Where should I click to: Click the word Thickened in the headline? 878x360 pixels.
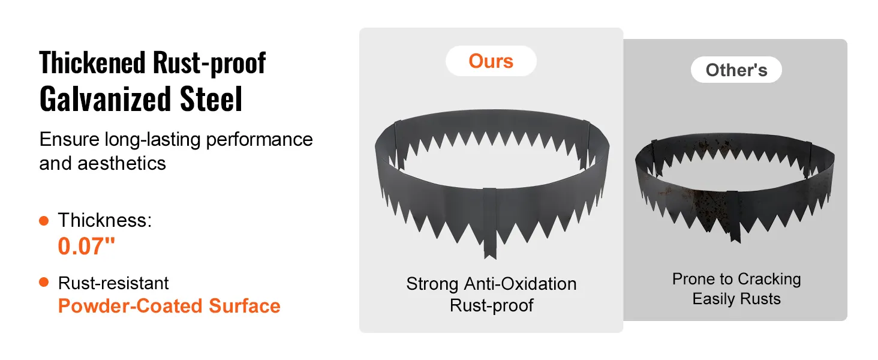92,63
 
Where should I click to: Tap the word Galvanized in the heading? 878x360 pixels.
105,99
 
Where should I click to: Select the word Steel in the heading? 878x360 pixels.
211,99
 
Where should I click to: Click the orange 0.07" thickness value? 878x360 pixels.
86,246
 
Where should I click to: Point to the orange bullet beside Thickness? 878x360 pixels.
44,221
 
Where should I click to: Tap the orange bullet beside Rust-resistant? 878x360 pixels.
44,282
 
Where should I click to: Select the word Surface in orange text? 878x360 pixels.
245,306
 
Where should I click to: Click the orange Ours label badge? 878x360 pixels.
491,61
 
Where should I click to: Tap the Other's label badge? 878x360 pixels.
736,70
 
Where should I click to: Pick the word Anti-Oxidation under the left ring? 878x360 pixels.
520,284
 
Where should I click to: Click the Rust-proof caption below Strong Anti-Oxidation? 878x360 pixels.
491,305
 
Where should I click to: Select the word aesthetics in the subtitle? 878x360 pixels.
122,163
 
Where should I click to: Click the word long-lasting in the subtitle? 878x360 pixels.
153,140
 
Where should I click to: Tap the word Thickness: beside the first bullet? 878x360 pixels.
105,220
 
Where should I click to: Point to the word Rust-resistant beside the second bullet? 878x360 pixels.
113,283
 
